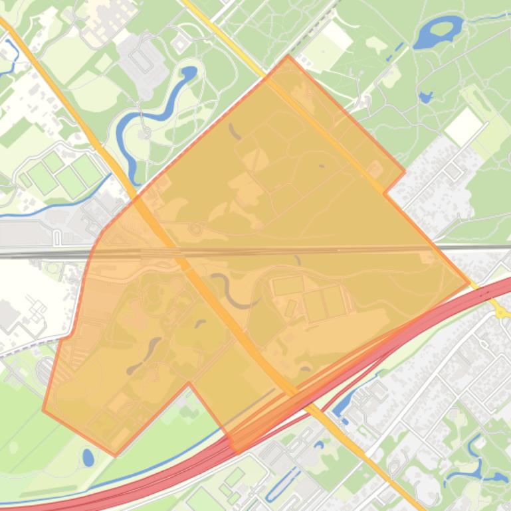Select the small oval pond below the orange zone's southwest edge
(x=88, y=457)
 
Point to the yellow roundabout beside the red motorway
(x=498, y=307)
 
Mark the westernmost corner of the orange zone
(x=43, y=409)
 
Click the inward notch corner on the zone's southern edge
(x=189, y=383)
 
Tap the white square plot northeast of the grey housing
(x=464, y=125)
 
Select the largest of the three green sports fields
(x=87, y=171)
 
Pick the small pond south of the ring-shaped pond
(x=425, y=98)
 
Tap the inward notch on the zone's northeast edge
(x=385, y=194)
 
